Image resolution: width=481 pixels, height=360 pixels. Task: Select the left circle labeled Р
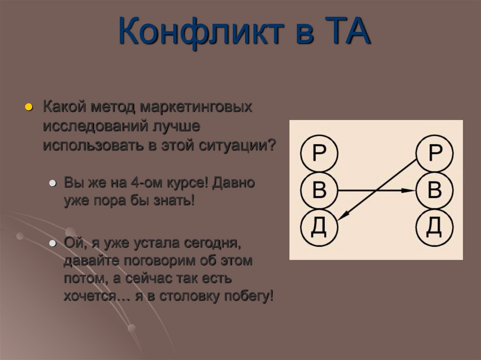(319, 154)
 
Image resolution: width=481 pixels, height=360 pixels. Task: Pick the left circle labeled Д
(319, 228)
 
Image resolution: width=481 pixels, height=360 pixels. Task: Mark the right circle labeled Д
(435, 228)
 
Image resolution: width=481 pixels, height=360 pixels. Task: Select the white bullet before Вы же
(53, 183)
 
